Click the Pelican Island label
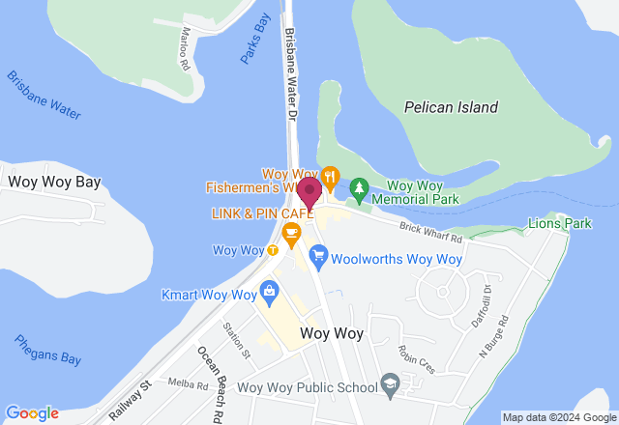click(x=451, y=107)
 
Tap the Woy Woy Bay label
click(x=54, y=182)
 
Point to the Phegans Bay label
click(x=47, y=349)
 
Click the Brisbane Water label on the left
click(x=44, y=95)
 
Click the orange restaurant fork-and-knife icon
click(x=331, y=176)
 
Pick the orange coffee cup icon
click(x=290, y=231)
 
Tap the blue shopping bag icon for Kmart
click(x=269, y=291)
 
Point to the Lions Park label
click(x=559, y=223)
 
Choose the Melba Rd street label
click(x=188, y=383)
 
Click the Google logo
click(x=32, y=412)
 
